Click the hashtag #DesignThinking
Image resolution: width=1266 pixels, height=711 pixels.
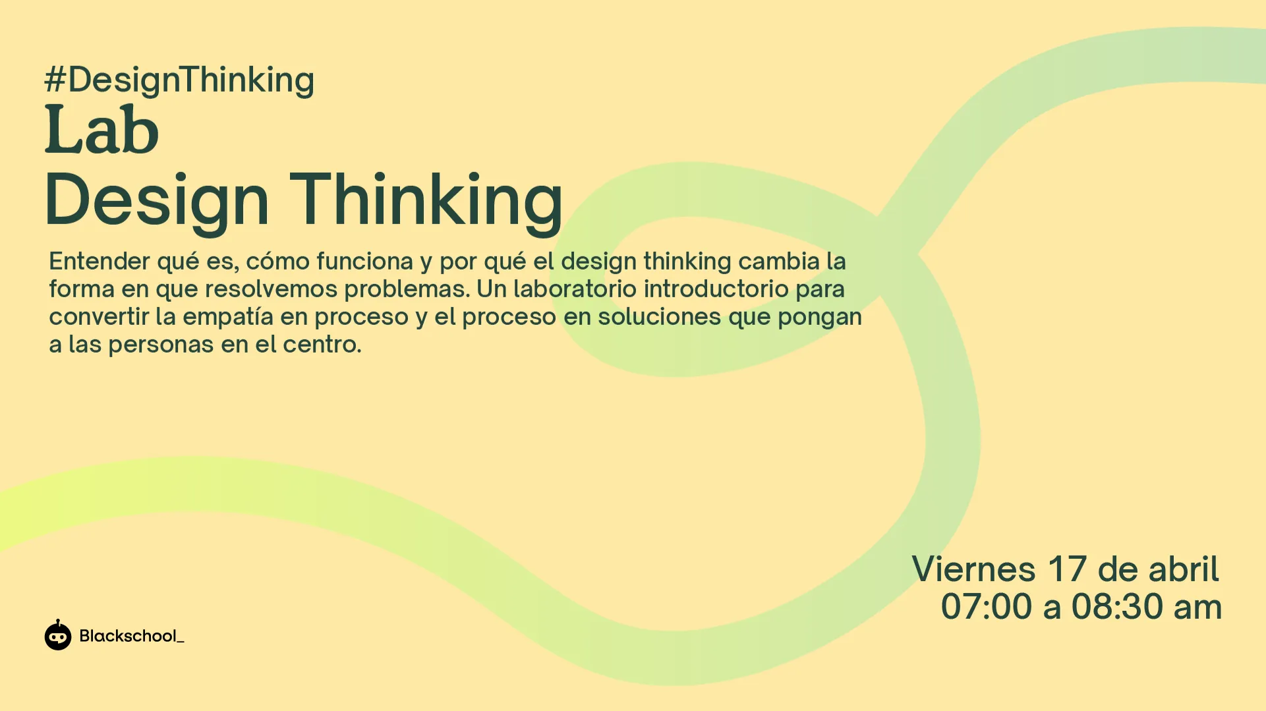point(179,80)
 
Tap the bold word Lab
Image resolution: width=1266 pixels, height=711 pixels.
point(102,129)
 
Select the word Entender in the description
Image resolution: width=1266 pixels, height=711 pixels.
point(100,262)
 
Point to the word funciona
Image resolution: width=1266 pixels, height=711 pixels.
point(364,262)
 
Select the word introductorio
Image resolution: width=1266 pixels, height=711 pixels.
point(716,289)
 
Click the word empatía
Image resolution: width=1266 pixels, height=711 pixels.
point(228,318)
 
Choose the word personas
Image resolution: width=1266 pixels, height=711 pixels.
point(161,345)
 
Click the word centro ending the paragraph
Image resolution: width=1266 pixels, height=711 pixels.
point(322,345)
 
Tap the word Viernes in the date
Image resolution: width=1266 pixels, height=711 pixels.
point(973,569)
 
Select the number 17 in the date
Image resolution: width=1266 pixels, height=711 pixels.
point(1067,569)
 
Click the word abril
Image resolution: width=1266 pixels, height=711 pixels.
point(1184,569)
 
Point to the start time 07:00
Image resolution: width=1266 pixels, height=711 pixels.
point(986,607)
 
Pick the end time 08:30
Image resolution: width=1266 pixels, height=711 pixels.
point(1117,607)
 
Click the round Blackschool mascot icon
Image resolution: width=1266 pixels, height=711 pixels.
point(58,635)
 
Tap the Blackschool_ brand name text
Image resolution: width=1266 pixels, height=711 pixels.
point(132,636)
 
